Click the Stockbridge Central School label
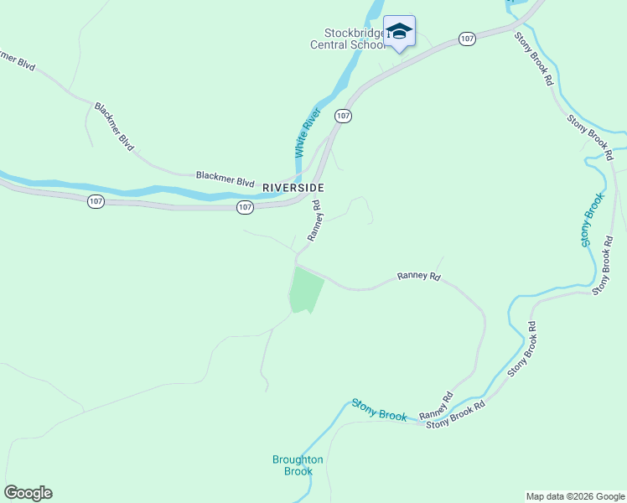click(x=348, y=39)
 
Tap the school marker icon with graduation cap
click(x=399, y=32)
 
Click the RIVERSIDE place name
click(x=293, y=188)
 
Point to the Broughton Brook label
click(x=298, y=465)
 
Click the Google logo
click(x=28, y=493)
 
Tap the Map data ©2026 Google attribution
click(x=575, y=496)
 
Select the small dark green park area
click(x=305, y=292)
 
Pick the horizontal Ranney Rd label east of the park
click(x=418, y=275)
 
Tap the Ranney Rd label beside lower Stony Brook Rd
click(x=436, y=406)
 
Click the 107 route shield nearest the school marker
click(x=467, y=39)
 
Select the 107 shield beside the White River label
click(x=342, y=115)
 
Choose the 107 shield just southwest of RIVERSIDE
click(x=244, y=206)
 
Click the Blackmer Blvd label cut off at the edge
click(x=17, y=60)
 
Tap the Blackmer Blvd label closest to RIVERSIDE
click(x=225, y=179)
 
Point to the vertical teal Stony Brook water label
click(x=592, y=220)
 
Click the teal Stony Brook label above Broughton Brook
click(x=379, y=410)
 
